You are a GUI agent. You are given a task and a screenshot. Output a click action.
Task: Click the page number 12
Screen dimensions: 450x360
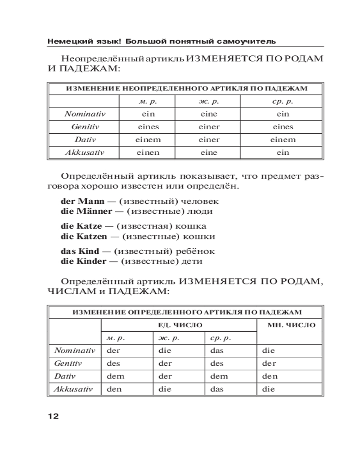(x=53, y=415)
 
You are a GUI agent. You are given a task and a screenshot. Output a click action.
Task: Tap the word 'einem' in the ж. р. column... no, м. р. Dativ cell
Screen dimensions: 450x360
(x=148, y=139)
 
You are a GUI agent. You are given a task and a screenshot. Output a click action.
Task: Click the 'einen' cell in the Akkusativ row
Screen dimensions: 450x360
(x=148, y=153)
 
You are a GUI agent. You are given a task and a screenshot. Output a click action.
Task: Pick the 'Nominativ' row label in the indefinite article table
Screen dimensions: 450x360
(x=85, y=114)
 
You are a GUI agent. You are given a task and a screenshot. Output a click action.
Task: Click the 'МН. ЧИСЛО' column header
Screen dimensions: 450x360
(x=292, y=324)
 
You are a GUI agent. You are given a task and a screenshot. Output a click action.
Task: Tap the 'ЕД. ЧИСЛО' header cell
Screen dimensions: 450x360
(x=179, y=324)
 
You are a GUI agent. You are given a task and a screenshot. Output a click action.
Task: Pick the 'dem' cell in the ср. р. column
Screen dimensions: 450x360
(x=219, y=376)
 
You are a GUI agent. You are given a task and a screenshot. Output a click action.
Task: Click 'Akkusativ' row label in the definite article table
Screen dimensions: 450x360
(x=73, y=389)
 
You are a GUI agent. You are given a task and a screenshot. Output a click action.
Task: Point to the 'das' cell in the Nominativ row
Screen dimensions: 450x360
(x=217, y=350)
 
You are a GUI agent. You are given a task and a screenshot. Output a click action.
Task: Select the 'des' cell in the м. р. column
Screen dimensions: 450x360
(x=113, y=363)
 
